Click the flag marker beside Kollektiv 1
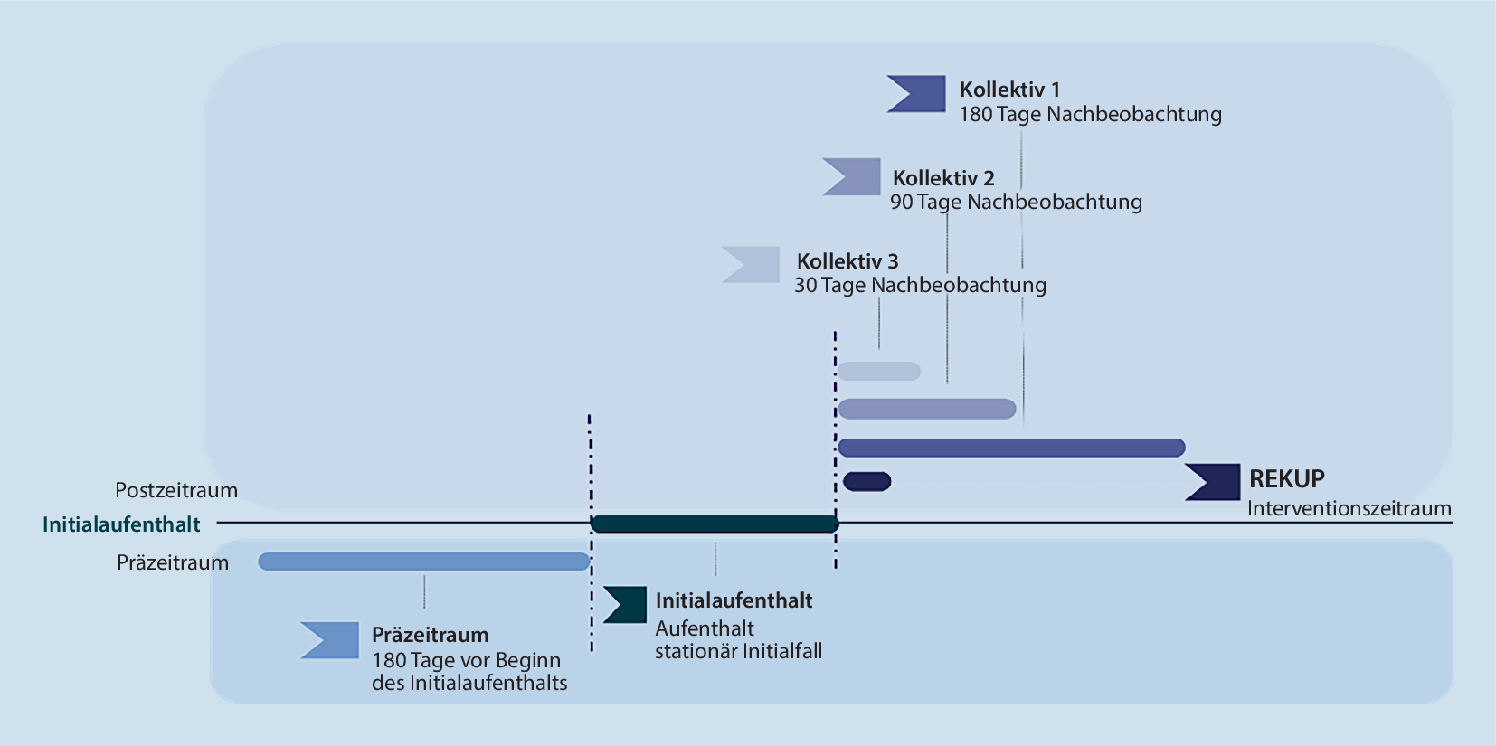pos(918,94)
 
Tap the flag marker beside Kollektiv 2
pos(853,176)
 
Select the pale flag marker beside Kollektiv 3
pos(753,264)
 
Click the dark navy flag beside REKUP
pos(1214,482)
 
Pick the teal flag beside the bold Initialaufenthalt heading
pos(626,605)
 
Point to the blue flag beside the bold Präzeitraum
pos(331,639)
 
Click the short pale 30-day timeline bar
pos(879,371)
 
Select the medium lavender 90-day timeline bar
pos(927,409)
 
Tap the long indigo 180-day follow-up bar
pos(1011,448)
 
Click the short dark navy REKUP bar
pos(867,482)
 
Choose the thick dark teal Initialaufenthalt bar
pos(715,524)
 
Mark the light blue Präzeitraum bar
pos(423,562)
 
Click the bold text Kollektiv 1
pos(1009,90)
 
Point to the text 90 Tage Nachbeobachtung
pos(1016,202)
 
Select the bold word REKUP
pos(1286,478)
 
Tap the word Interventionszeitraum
pos(1349,508)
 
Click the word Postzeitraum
pos(176,490)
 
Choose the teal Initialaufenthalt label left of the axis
pos(121,524)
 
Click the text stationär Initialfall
pos(738,651)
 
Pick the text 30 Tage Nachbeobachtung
pos(920,285)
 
